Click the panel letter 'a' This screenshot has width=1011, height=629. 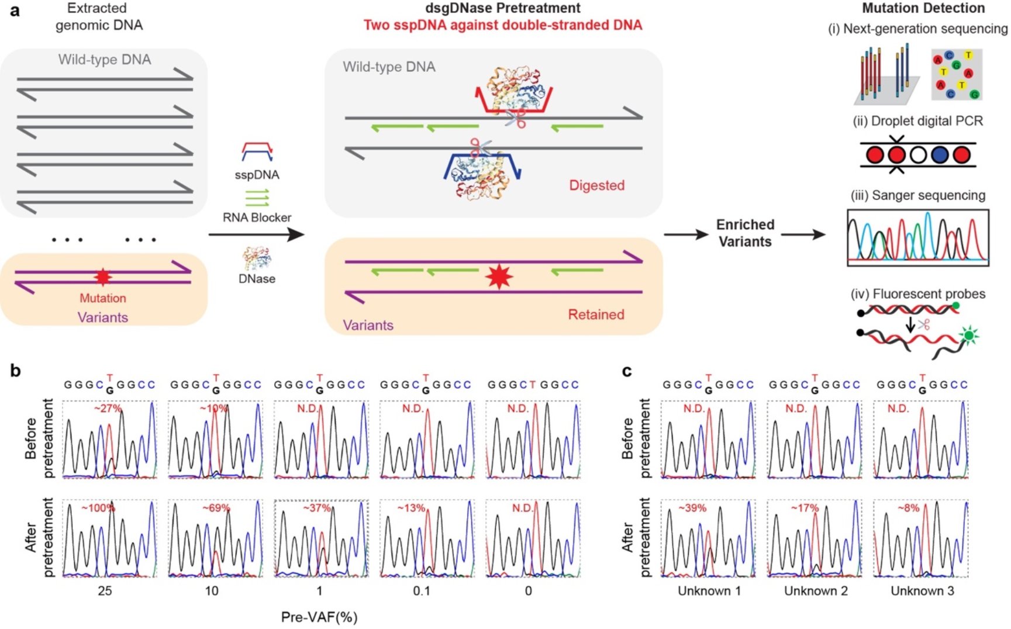[x=15, y=11]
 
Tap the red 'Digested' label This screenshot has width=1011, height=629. [x=596, y=185]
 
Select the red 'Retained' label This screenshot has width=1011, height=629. [x=596, y=314]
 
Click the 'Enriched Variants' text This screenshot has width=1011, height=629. [x=745, y=233]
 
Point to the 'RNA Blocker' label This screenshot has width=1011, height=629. [x=257, y=217]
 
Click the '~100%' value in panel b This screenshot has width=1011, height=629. [x=98, y=508]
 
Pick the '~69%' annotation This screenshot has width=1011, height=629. [x=216, y=508]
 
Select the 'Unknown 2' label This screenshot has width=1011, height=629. [x=816, y=591]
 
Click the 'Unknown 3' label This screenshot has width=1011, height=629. [x=922, y=591]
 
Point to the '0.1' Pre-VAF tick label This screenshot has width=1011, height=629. [x=421, y=591]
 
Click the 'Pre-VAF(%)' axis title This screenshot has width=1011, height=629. [x=319, y=617]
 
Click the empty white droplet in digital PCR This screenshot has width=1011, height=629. [x=918, y=155]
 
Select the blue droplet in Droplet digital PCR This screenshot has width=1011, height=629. [x=940, y=155]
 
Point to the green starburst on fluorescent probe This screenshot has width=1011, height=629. [x=969, y=336]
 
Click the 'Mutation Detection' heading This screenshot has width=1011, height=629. [x=923, y=8]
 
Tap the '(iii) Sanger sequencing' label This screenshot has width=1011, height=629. [x=918, y=195]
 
